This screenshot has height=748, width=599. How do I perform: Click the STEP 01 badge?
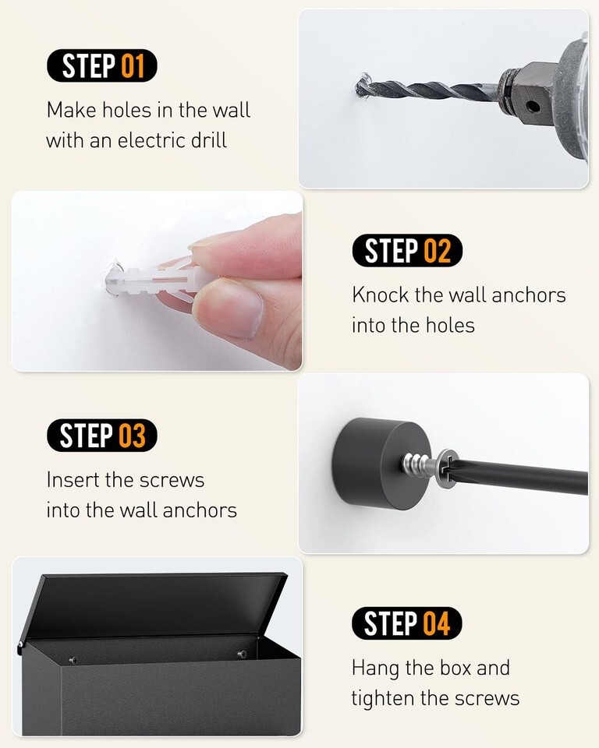click(101, 65)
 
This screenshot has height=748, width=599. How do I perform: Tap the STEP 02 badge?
click(407, 250)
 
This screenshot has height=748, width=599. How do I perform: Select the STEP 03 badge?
click(101, 435)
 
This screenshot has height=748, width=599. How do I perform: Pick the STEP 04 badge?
click(406, 623)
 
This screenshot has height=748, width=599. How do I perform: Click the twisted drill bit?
click(430, 89)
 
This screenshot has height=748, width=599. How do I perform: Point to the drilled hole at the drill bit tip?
click(362, 86)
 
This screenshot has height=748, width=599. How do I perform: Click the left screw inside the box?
click(73, 660)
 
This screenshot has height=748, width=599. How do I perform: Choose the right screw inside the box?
click(243, 654)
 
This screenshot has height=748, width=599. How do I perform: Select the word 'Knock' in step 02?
click(381, 295)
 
